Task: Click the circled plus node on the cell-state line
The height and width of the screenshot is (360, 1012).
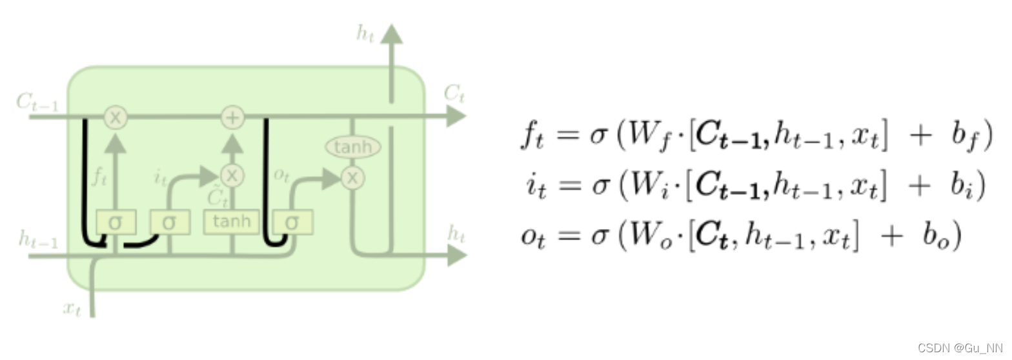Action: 232,117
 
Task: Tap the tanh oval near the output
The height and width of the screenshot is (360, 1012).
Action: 352,148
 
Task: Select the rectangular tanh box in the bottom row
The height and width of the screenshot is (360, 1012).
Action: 231,223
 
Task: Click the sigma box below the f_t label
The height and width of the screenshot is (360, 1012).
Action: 116,223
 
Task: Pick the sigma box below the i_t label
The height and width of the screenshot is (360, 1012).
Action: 170,223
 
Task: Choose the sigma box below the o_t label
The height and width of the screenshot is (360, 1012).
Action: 292,223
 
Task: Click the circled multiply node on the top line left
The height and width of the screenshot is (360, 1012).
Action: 116,117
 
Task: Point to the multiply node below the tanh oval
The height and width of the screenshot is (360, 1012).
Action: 352,177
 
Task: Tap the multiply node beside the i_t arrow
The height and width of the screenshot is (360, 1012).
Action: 232,175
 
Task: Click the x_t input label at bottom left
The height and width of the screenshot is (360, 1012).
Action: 72,308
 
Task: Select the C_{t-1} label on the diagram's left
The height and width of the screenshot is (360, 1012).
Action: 36,102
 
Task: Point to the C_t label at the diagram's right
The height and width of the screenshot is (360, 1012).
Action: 454,94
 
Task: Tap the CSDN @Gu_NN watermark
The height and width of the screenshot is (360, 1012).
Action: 960,348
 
